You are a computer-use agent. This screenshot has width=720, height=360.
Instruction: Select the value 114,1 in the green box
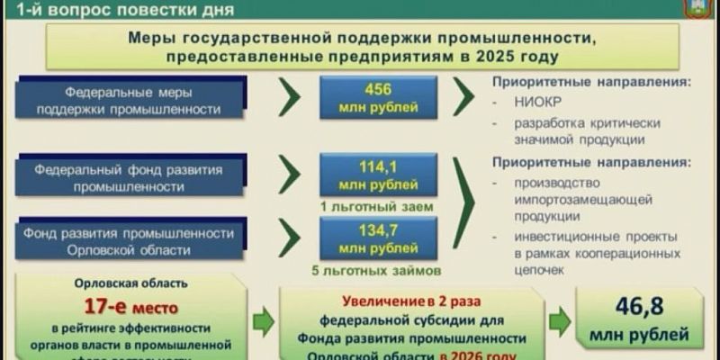point(378,166)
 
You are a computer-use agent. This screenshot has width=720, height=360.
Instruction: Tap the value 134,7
point(378,229)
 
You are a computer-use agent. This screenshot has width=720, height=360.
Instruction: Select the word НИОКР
point(534,101)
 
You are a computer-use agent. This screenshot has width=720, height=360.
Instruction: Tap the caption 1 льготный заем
point(378,205)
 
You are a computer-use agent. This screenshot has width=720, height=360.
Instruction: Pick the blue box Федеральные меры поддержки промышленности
point(143,100)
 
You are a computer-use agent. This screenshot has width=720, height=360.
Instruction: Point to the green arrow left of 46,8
point(561,319)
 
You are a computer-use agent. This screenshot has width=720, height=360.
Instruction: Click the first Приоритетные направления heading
point(591,82)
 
